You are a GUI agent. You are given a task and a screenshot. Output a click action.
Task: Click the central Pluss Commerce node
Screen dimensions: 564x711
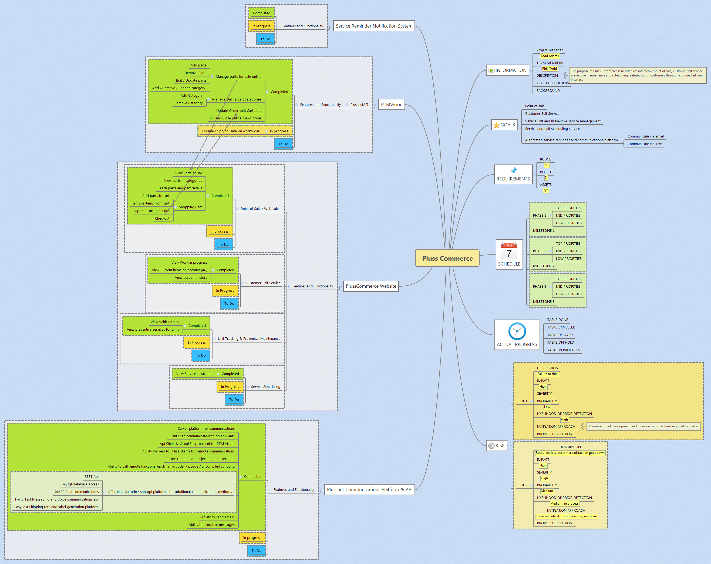(447, 258)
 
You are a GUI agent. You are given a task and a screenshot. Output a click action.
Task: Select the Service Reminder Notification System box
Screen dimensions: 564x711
(374, 26)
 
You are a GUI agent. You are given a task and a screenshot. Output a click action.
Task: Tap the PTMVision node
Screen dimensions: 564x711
(392, 105)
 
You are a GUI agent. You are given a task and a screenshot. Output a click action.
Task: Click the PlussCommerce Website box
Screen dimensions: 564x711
(371, 286)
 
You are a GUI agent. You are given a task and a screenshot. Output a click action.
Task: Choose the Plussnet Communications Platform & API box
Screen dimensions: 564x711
(369, 489)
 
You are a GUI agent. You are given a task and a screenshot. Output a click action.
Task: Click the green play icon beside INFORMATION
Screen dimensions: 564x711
(491, 70)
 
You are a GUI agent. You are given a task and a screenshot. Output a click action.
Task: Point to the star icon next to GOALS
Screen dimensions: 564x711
(496, 125)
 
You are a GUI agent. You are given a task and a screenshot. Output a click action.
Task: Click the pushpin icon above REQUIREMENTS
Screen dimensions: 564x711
(513, 170)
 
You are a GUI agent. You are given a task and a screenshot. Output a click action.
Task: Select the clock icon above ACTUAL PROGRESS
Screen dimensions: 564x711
(517, 331)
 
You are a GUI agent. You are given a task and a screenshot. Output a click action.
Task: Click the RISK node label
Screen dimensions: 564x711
(500, 446)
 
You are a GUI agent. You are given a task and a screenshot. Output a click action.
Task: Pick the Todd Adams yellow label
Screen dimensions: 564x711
(550, 56)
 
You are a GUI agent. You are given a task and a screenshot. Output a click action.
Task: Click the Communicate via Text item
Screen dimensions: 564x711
(644, 144)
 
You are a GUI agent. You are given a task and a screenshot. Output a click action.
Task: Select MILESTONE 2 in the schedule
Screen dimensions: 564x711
(544, 266)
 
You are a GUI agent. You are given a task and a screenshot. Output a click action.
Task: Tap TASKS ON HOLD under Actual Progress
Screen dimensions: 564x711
(560, 342)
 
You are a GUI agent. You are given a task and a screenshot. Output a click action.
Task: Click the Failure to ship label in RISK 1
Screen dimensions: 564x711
(547, 374)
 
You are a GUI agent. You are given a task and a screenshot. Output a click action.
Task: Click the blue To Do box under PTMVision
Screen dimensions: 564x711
(283, 144)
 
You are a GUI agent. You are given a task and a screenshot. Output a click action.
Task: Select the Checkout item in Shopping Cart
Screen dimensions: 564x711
(162, 218)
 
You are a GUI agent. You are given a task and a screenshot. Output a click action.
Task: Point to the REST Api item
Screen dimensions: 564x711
(91, 476)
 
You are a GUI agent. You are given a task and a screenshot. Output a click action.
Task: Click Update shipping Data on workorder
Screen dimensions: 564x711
(231, 131)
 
